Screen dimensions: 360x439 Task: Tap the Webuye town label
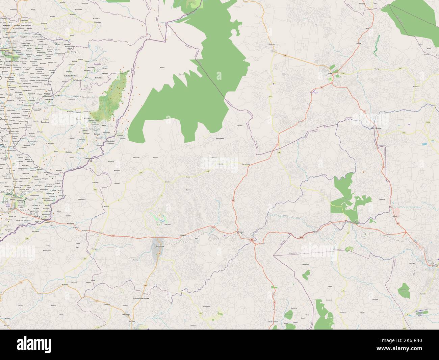pyautogui.click(x=240, y=232)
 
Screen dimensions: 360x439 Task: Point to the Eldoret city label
pyautogui.click(x=435, y=266)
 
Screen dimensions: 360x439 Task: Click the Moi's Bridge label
pyautogui.click(x=376, y=129)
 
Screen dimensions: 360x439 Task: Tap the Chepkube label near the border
pyautogui.click(x=110, y=140)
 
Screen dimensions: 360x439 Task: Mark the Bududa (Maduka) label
pyautogui.click(x=71, y=76)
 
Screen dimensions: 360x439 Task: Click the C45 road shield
pyautogui.click(x=285, y=55)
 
